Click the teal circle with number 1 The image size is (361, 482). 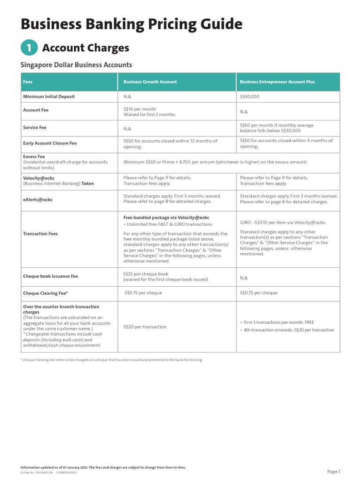(x=29, y=48)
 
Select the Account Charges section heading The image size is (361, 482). (x=86, y=48)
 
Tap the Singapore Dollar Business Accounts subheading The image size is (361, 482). (x=76, y=65)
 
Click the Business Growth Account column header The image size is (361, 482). (x=150, y=82)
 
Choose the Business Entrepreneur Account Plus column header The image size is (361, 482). (x=277, y=82)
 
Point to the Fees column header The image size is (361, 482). (x=28, y=82)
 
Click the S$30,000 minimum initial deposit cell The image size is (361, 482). (x=250, y=96)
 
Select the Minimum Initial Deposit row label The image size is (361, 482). (x=49, y=96)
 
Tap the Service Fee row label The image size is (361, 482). (x=35, y=128)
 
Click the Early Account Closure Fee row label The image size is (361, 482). (x=50, y=143)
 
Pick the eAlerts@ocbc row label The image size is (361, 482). (x=38, y=200)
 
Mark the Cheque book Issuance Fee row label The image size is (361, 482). (x=51, y=276)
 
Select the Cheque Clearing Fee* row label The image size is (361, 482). (x=46, y=293)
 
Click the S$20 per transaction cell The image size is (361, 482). (x=145, y=327)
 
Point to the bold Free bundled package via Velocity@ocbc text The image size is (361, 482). (x=166, y=217)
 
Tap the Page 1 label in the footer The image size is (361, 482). (x=333, y=471)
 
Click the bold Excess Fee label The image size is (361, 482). (x=34, y=157)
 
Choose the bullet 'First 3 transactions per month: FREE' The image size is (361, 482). (x=279, y=322)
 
